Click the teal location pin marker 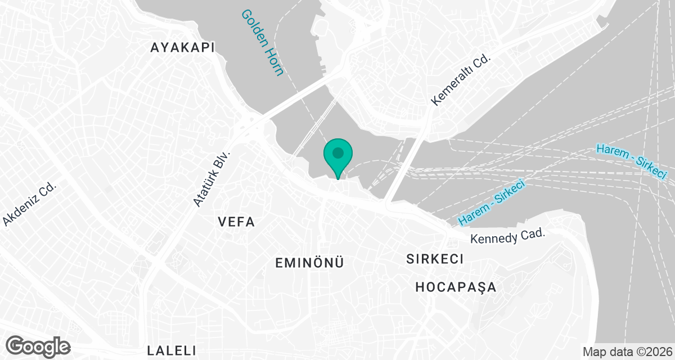(337, 156)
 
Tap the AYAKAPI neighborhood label (183, 48)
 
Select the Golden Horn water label (263, 43)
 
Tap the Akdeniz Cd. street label (31, 203)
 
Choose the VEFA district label (236, 222)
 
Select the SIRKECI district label (435, 259)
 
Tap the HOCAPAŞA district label (456, 287)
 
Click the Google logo (38, 345)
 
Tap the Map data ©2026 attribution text (626, 352)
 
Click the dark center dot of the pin (337, 152)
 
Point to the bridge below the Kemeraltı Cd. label (405, 163)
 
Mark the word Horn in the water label (276, 64)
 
